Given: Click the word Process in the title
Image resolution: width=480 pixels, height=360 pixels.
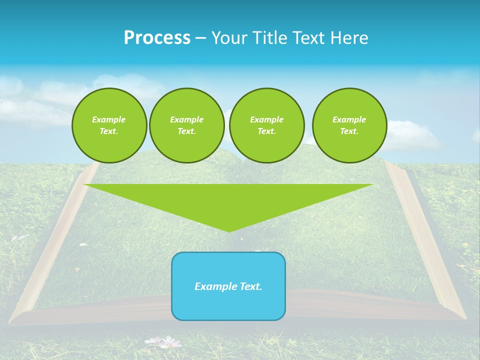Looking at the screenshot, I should pos(157,38).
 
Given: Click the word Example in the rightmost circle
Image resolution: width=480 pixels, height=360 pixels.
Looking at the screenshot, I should pos(349,119).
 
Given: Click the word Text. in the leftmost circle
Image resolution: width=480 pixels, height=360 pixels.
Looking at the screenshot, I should pos(109,131).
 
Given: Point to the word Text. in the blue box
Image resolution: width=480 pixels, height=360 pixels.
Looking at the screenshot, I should pos(251,286).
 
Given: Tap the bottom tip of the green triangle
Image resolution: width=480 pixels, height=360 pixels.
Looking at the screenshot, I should pos(228,230).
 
